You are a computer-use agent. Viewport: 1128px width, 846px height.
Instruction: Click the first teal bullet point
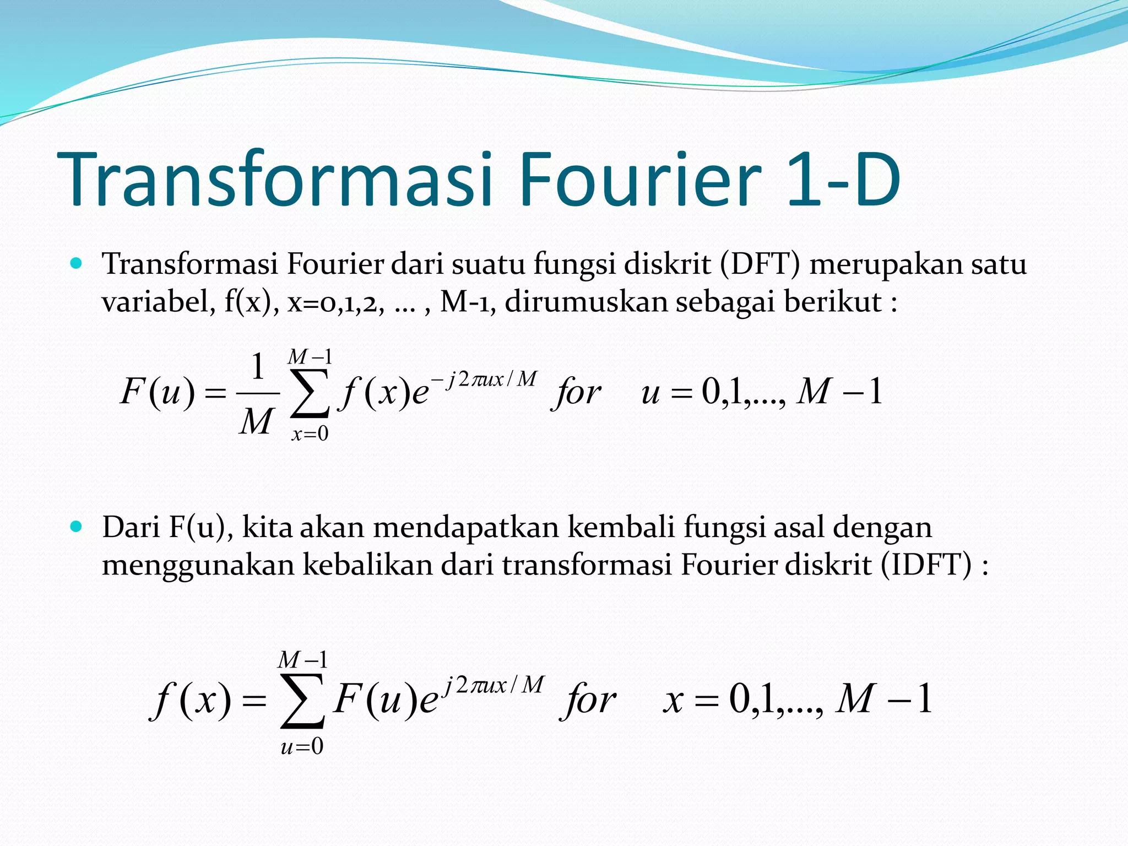[x=77, y=263]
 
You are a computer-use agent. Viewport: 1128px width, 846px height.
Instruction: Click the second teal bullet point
[x=77, y=527]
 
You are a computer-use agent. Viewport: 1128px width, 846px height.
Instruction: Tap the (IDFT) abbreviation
[x=926, y=565]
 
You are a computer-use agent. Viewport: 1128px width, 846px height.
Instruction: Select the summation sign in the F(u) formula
[x=310, y=394]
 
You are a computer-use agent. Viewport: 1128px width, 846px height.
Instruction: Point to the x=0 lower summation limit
[x=310, y=435]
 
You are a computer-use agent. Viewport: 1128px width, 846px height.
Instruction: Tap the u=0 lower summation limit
[x=302, y=747]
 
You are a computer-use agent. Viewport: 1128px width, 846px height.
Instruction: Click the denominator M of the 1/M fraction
[x=256, y=422]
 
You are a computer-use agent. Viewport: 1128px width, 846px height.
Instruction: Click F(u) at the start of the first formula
[x=158, y=393]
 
